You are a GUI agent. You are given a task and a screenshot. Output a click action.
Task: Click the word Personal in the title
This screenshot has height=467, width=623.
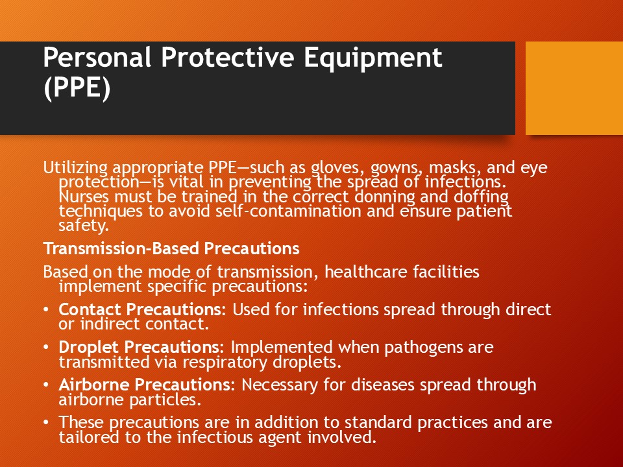pos(97,57)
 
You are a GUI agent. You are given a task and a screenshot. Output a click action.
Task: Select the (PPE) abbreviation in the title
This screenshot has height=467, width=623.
pos(77,88)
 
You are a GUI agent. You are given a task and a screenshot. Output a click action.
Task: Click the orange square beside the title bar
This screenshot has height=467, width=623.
pos(574,88)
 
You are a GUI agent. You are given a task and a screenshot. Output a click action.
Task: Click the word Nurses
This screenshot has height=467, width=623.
pos(84,197)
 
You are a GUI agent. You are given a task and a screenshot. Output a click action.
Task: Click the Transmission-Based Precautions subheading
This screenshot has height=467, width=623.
pos(171,248)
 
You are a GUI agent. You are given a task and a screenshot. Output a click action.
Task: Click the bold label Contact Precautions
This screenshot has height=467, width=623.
pos(142,310)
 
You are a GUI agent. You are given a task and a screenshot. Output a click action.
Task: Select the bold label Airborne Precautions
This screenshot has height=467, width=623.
pos(147,385)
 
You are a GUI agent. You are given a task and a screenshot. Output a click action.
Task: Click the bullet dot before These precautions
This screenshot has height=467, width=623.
pos(46,422)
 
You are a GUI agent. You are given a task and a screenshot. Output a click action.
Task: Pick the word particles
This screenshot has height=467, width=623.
pos(165,400)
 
